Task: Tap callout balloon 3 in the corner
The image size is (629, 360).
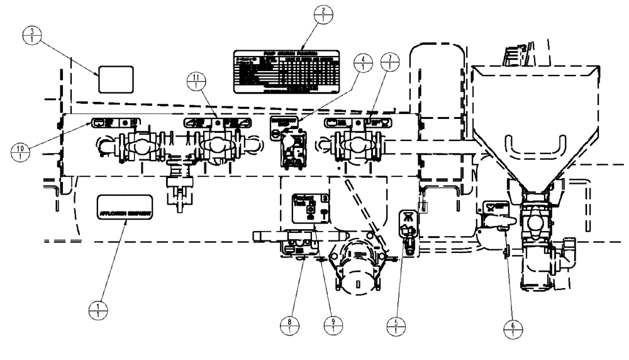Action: (30, 36)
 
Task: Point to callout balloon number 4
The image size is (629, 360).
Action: (363, 64)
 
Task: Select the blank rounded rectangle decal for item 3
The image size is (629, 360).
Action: (114, 79)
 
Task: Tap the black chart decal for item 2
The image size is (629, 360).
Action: (286, 73)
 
